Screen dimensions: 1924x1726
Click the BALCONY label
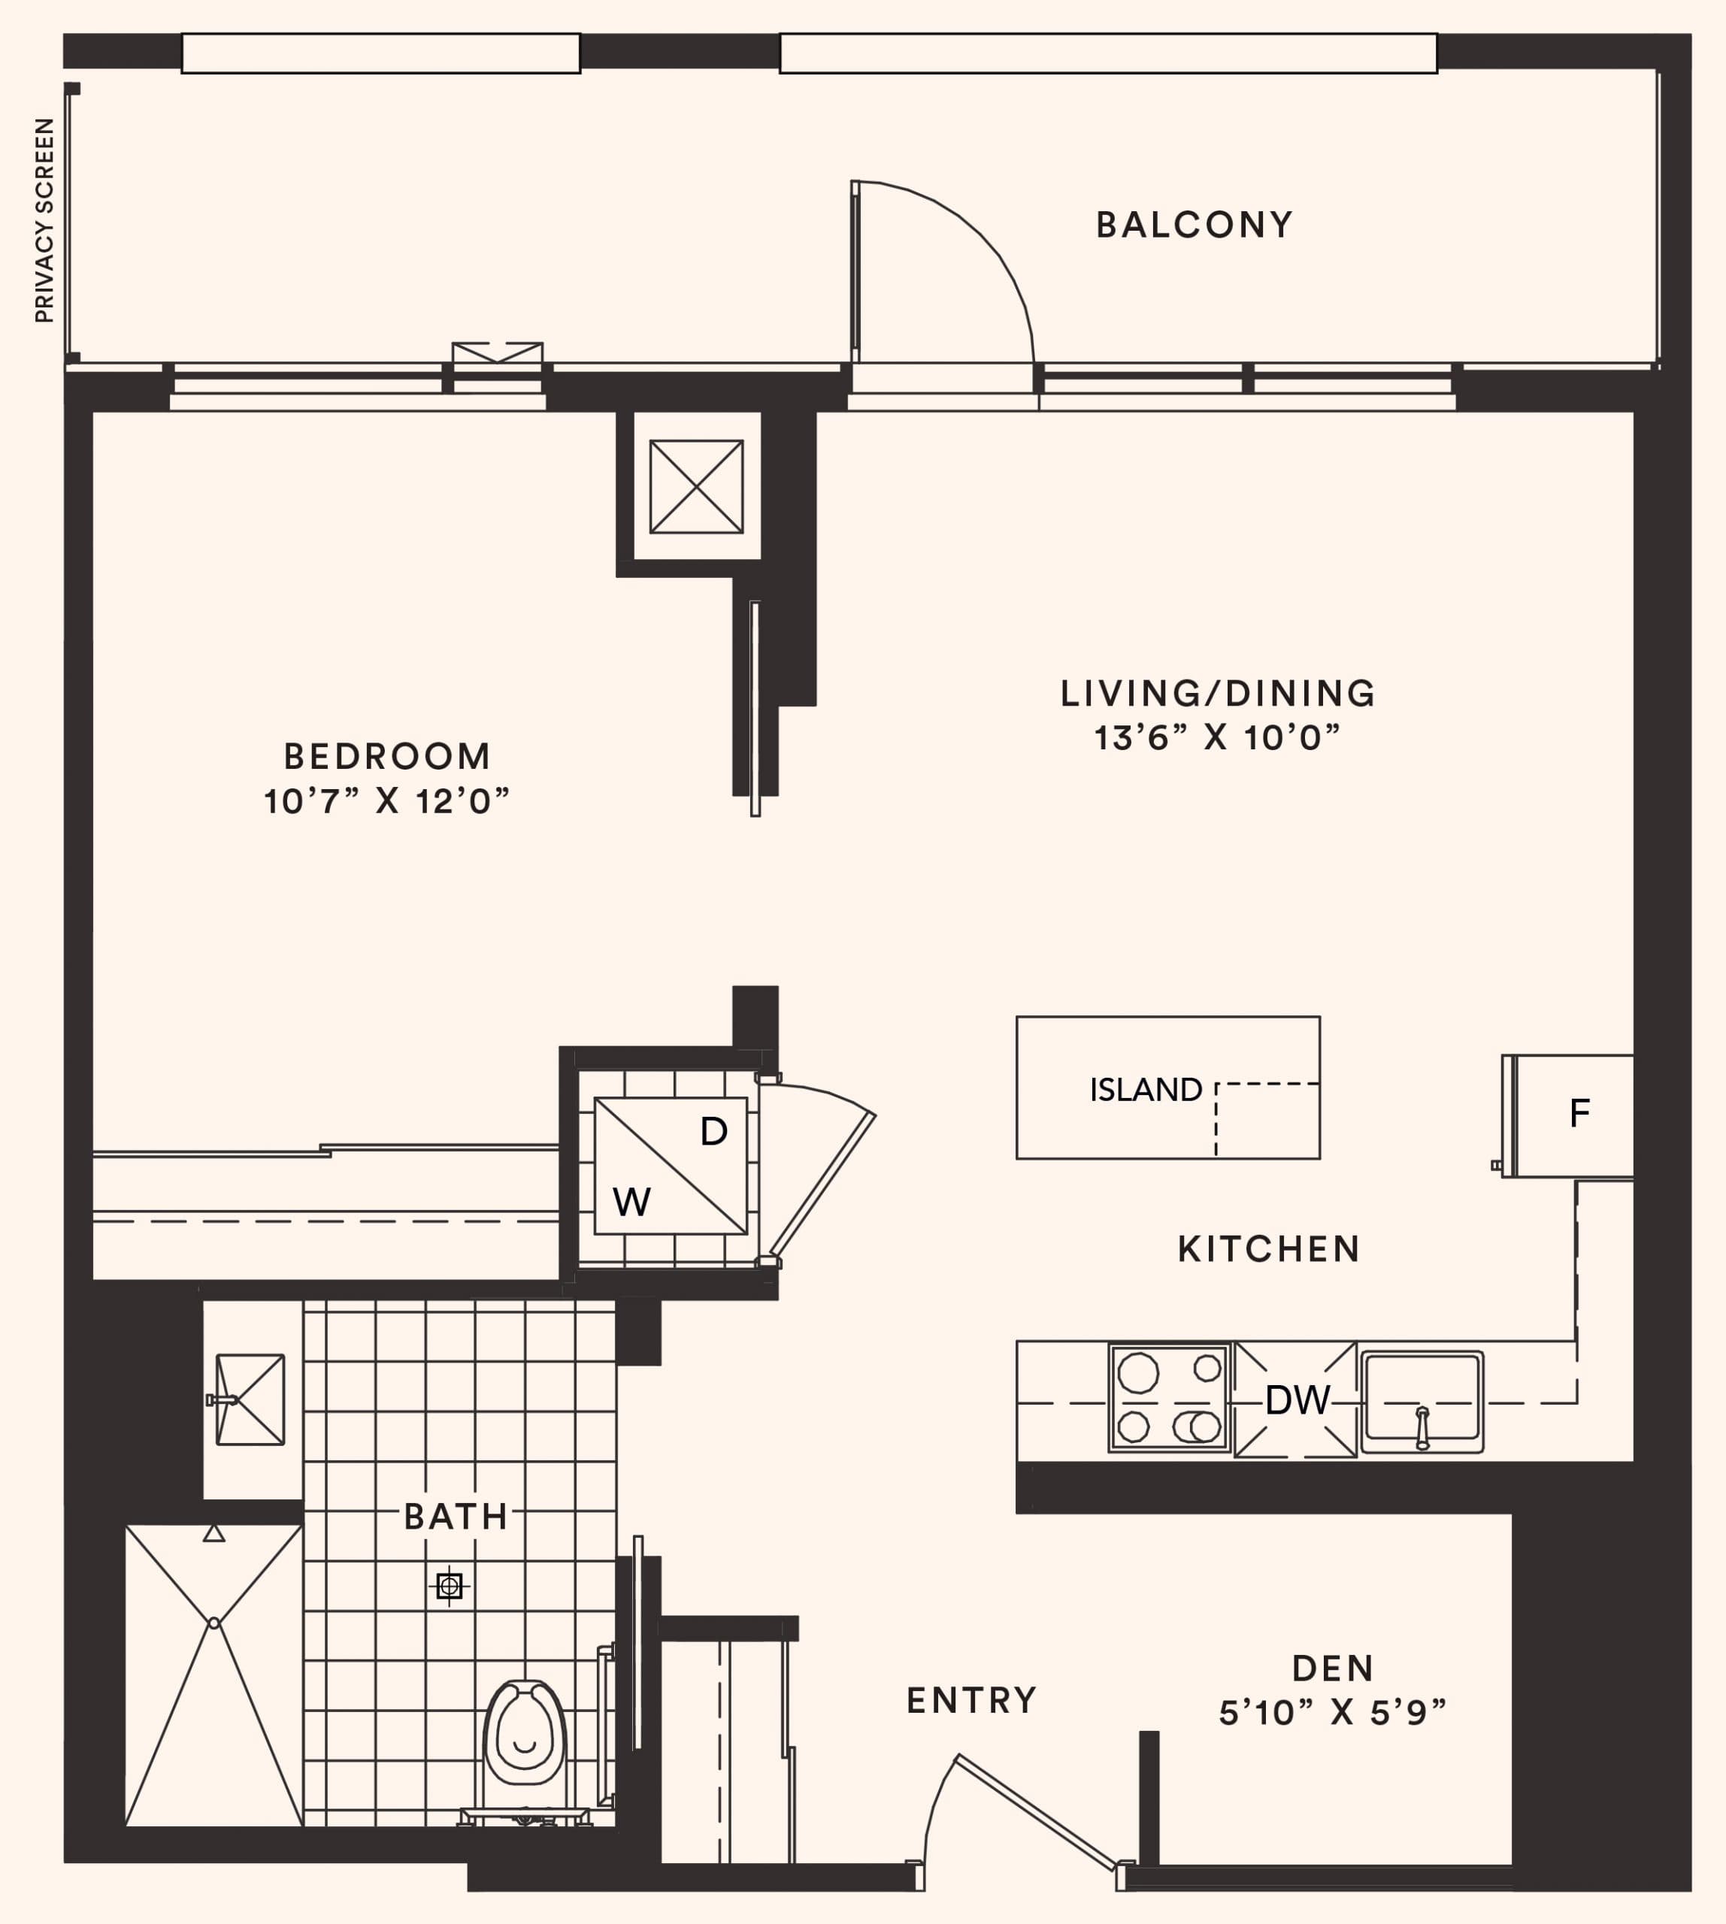pyautogui.click(x=1194, y=225)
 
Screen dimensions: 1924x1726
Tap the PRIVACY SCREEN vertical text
pyautogui.click(x=44, y=220)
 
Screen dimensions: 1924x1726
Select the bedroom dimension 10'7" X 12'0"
pyautogui.click(x=387, y=802)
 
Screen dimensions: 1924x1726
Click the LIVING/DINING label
pyautogui.click(x=1218, y=693)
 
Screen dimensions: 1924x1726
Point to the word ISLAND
pyautogui.click(x=1146, y=1091)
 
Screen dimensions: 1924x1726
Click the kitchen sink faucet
pyautogui.click(x=1422, y=1427)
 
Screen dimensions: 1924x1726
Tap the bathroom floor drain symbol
pyautogui.click(x=450, y=1587)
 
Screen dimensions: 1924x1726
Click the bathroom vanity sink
pyautogui.click(x=250, y=1399)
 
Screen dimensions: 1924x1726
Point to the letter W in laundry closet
pyautogui.click(x=631, y=1203)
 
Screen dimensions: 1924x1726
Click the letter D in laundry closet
pyautogui.click(x=713, y=1132)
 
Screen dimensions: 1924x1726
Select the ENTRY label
pyautogui.click(x=972, y=1701)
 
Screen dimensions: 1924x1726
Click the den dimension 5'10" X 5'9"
pyautogui.click(x=1332, y=1714)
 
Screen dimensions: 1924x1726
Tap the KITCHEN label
pyautogui.click(x=1269, y=1250)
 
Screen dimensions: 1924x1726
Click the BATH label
pyautogui.click(x=456, y=1517)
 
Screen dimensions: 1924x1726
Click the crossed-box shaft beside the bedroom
pyautogui.click(x=696, y=486)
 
